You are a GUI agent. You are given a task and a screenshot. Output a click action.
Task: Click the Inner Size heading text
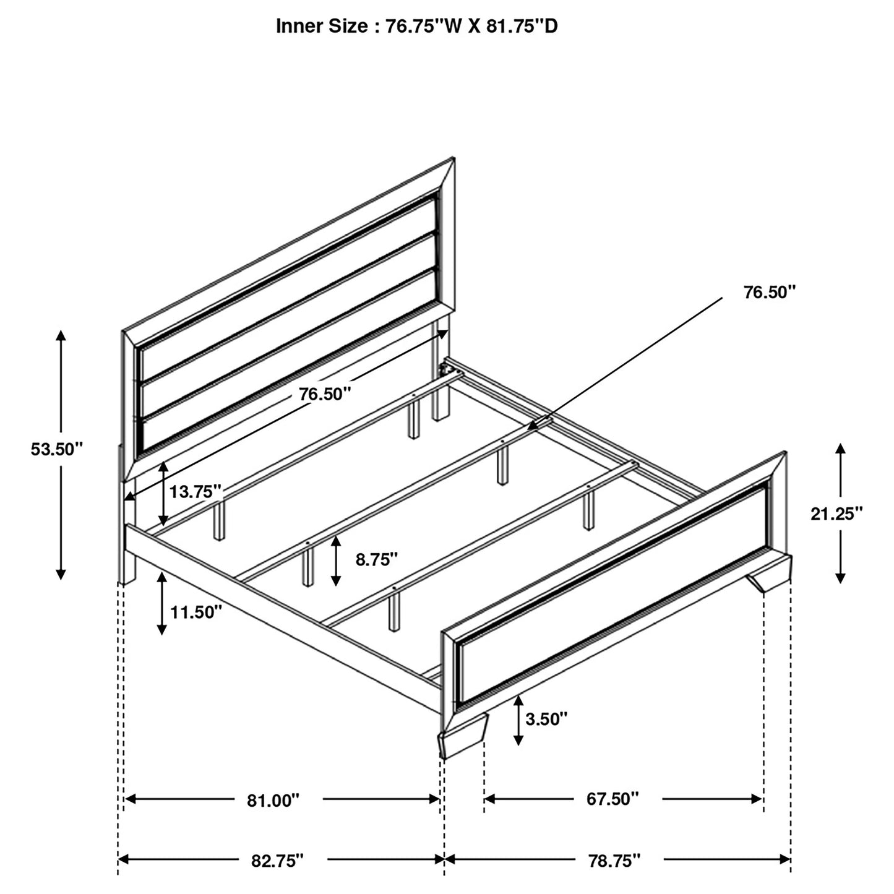coord(416,27)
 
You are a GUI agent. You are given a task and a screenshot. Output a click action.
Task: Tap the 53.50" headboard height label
coord(57,449)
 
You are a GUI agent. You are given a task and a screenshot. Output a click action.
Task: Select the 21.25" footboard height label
coord(837,513)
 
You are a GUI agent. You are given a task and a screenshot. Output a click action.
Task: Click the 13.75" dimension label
coord(196,492)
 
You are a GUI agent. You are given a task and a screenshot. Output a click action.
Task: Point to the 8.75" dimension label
coord(376,559)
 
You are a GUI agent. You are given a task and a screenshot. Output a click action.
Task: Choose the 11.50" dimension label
coord(196,612)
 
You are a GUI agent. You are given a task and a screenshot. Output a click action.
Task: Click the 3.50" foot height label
coord(546,719)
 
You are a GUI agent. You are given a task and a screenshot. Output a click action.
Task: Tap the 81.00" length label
coord(273,801)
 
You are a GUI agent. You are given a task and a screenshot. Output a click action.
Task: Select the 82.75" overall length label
coord(278,859)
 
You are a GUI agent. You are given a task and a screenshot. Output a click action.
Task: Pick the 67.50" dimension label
coord(612,799)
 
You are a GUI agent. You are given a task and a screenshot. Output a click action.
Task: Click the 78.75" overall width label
coord(614,859)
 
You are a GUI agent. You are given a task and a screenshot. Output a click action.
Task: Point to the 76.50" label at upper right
coord(769,293)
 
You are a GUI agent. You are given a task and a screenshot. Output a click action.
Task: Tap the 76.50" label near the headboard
coord(324,393)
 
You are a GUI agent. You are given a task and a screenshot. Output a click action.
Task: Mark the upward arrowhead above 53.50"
coord(60,336)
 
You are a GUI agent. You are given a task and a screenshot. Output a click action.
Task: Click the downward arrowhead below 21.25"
coord(840,577)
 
